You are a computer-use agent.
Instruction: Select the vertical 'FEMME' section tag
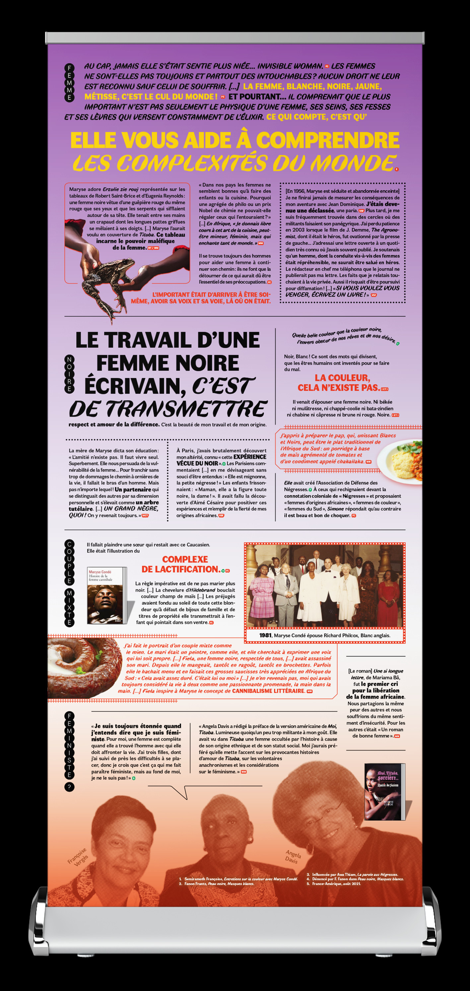tap(69, 83)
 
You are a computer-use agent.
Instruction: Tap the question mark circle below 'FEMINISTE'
tap(69, 787)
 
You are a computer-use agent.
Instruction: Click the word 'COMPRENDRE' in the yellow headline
tap(328, 140)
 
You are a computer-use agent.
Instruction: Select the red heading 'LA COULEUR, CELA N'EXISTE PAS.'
tap(342, 382)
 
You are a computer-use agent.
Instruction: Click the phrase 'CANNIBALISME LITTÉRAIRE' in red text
tap(268, 691)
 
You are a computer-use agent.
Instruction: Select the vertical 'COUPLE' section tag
tap(69, 562)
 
